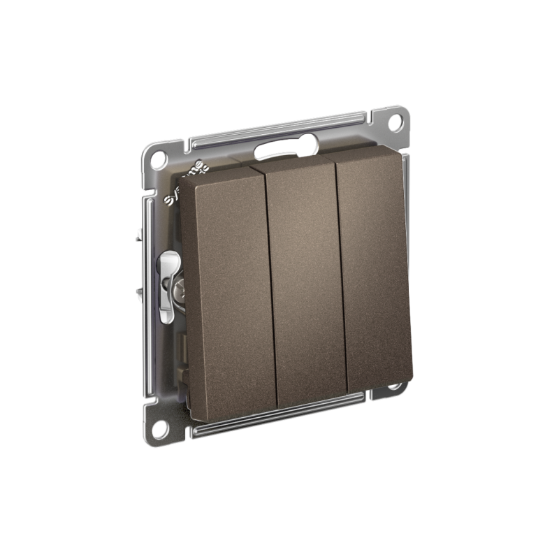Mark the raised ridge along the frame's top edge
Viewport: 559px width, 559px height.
(279, 125)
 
